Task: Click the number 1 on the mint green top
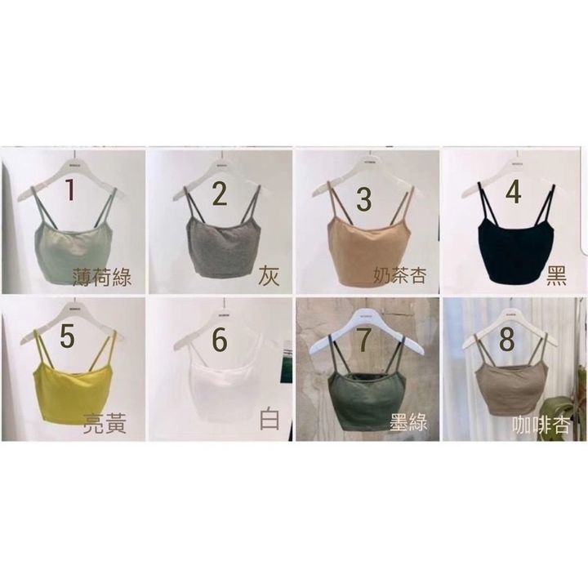[x=70, y=189]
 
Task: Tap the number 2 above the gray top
[x=220, y=194]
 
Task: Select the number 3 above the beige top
[x=363, y=198]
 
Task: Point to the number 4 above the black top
[x=514, y=192]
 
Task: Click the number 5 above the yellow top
[x=68, y=336]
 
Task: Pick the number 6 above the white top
[x=220, y=340]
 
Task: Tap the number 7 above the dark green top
[x=365, y=340]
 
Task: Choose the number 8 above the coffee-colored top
[x=506, y=340]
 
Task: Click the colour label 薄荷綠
[x=102, y=278]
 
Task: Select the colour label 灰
[x=269, y=277]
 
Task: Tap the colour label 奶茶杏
[x=400, y=276]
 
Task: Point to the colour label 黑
[x=556, y=276]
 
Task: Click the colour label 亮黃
[x=105, y=423]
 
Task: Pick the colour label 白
[x=269, y=419]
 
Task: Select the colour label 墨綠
[x=408, y=422]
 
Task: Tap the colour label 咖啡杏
[x=541, y=425]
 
